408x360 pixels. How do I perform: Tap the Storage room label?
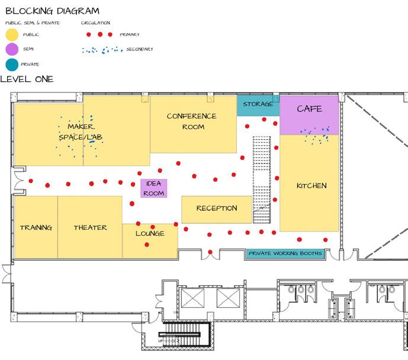(258, 105)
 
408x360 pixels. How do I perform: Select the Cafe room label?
(309, 109)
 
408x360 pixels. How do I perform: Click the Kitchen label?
(311, 186)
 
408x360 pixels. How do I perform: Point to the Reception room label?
(217, 208)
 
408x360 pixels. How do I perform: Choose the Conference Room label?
(191, 121)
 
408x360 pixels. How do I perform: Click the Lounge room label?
(150, 233)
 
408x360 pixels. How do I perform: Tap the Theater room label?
(90, 228)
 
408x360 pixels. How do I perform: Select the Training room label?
(36, 228)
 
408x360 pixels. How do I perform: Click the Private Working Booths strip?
(285, 254)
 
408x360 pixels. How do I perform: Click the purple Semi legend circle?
(11, 50)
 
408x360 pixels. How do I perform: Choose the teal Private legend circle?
(11, 64)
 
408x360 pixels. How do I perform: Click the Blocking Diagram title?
(52, 11)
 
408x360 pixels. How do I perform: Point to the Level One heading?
(27, 79)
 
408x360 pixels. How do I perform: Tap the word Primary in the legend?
(130, 35)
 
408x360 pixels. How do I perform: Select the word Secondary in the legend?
(140, 50)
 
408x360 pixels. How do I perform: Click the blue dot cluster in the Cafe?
(314, 136)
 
